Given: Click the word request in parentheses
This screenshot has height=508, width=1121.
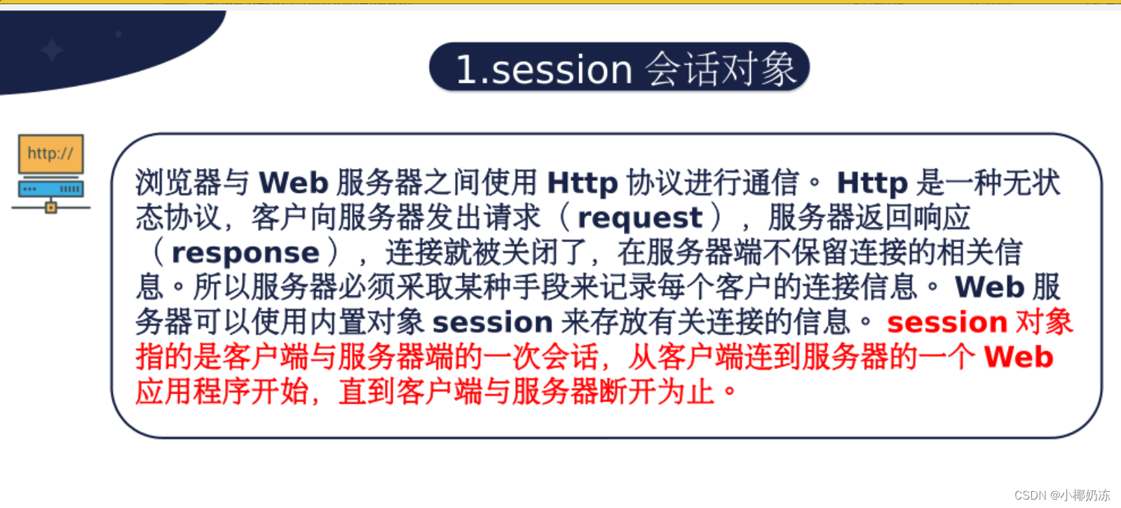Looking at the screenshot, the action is pyautogui.click(x=640, y=218).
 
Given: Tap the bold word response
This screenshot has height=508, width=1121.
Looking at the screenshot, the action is pyautogui.click(x=245, y=253).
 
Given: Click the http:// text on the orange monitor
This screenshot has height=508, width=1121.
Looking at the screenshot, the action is pyautogui.click(x=50, y=153).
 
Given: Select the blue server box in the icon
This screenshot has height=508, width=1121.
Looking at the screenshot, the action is pyautogui.click(x=51, y=189).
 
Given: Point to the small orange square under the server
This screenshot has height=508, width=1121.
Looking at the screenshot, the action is pyautogui.click(x=51, y=207).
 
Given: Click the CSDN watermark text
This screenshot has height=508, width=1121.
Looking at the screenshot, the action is pyautogui.click(x=1062, y=495).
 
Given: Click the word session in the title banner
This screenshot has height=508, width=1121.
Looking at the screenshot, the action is pyautogui.click(x=562, y=69).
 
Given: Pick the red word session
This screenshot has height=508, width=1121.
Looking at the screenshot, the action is pyautogui.click(x=947, y=322).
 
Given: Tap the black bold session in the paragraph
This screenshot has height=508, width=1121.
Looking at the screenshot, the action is pyautogui.click(x=492, y=322).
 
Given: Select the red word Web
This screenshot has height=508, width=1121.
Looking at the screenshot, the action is pyautogui.click(x=1019, y=356).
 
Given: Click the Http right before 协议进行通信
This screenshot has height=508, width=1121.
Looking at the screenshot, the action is pyautogui.click(x=583, y=183).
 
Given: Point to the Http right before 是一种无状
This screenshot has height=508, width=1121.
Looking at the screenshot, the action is pyautogui.click(x=872, y=183).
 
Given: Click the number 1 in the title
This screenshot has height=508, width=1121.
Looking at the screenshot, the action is pyautogui.click(x=464, y=69).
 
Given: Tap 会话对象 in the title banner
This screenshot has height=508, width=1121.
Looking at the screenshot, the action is pyautogui.click(x=721, y=69).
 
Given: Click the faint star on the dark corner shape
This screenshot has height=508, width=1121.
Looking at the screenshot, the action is pyautogui.click(x=52, y=50).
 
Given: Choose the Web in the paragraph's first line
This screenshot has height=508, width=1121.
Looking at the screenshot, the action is pyautogui.click(x=293, y=182).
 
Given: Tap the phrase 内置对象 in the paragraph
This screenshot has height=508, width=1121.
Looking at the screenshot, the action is pyautogui.click(x=367, y=321).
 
